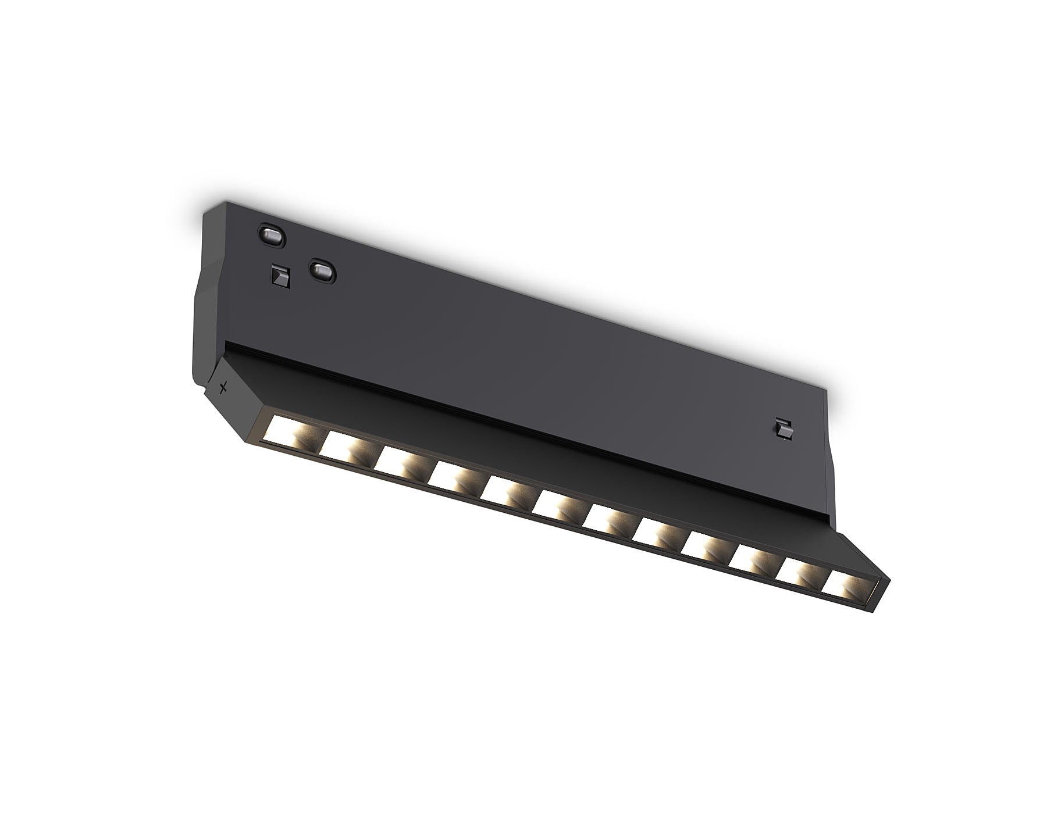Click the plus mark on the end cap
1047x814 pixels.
point(223,387)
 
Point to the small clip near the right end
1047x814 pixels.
point(784,429)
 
